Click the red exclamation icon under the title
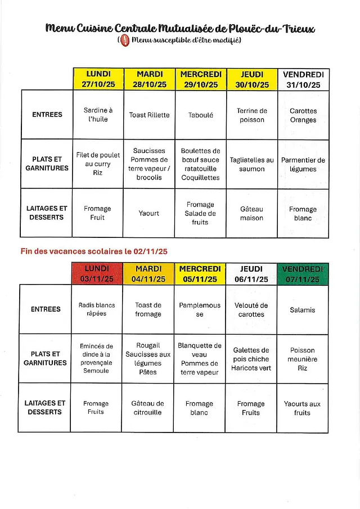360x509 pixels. [x=125, y=40]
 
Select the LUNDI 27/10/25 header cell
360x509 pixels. [x=98, y=79]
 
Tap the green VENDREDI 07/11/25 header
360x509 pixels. [x=303, y=274]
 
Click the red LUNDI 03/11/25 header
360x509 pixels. [x=97, y=274]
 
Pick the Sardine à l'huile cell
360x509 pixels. [x=98, y=115]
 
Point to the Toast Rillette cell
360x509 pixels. [x=149, y=115]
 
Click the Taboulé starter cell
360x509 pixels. [x=200, y=115]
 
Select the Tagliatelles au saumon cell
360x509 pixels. [x=251, y=164]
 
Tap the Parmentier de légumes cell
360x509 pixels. [x=303, y=164]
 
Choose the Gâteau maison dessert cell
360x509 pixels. [x=251, y=213]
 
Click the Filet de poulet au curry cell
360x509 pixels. [x=98, y=164]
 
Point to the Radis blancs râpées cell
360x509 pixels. [x=97, y=309]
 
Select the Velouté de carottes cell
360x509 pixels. [x=251, y=310]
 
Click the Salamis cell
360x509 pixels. [x=303, y=310]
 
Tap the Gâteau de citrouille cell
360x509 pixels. [x=148, y=408]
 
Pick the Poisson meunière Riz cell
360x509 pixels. [x=303, y=359]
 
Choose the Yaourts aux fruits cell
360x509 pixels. [x=303, y=408]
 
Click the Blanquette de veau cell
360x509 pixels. [x=200, y=359]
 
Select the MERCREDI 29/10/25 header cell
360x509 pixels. [x=201, y=79]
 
